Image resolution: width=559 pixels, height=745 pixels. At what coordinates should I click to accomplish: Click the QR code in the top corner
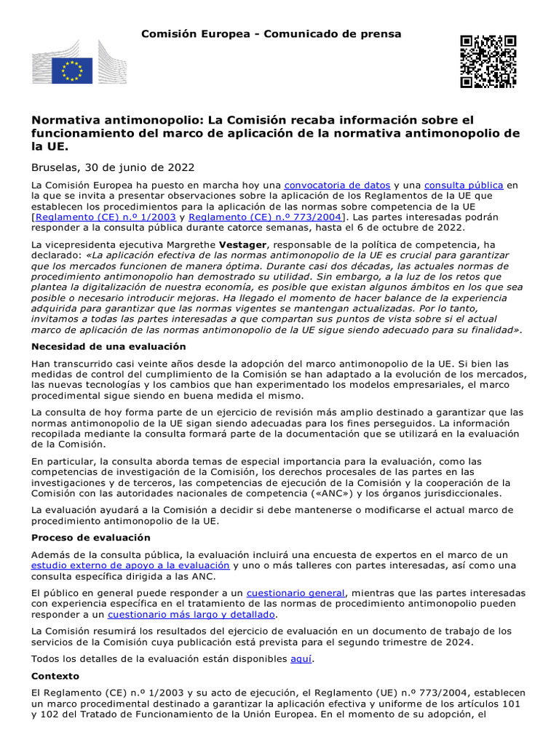click(488, 61)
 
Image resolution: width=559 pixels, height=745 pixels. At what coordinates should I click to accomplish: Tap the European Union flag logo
click(71, 71)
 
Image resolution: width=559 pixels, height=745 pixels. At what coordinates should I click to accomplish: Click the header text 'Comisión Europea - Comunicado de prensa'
click(271, 34)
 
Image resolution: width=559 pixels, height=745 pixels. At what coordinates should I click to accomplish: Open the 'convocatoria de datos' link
click(337, 186)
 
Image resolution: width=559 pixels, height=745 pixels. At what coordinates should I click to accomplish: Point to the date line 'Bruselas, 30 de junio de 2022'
click(113, 167)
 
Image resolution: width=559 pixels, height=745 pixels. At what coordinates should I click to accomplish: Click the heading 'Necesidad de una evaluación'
click(108, 346)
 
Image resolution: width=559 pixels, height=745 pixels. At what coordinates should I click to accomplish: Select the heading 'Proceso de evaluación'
click(91, 538)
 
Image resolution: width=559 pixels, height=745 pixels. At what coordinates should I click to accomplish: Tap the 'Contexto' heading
click(55, 676)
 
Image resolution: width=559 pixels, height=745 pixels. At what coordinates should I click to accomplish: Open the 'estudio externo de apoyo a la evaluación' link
click(130, 565)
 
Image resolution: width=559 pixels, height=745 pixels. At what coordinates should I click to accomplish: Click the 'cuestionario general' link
click(295, 593)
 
